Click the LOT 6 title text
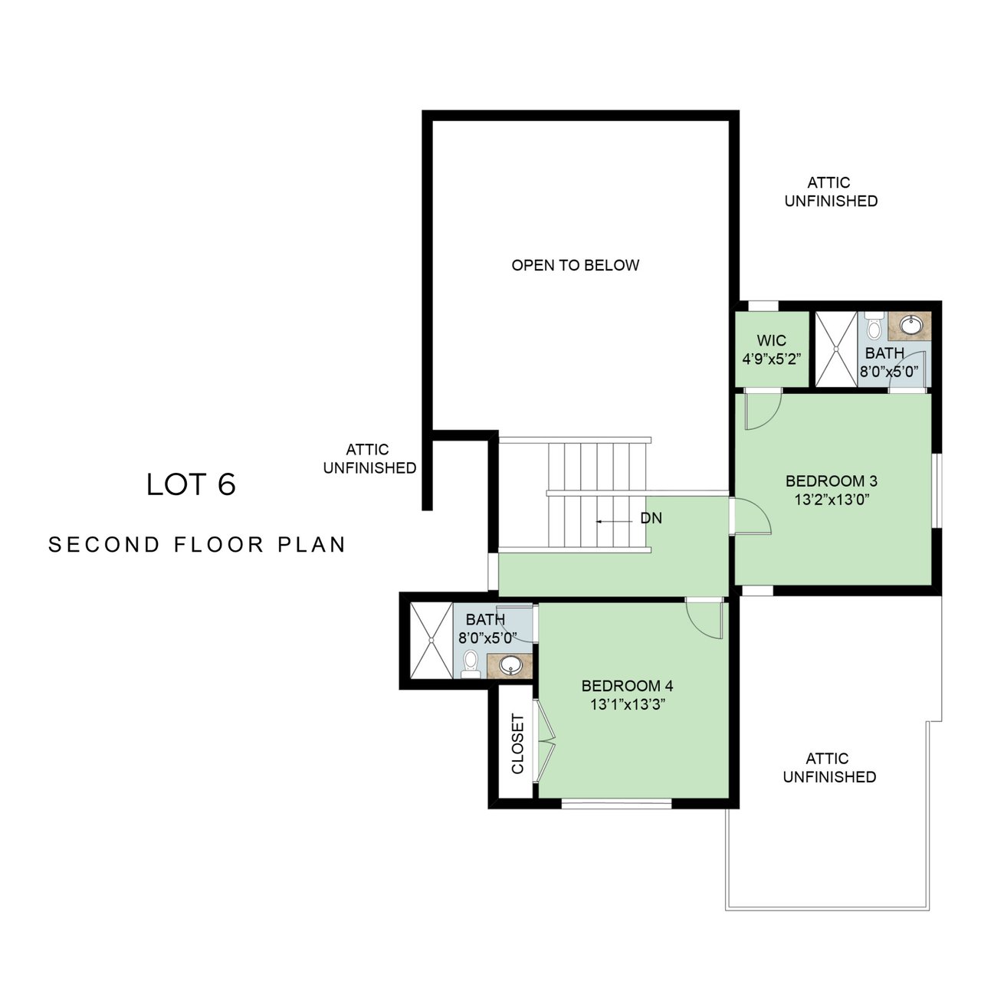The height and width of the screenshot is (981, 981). tap(191, 484)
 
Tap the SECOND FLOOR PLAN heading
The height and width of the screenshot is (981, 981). tap(197, 545)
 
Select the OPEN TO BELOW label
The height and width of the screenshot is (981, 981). tap(576, 265)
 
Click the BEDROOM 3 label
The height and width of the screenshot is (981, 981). tap(832, 481)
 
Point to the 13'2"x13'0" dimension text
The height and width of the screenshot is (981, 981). tap(832, 500)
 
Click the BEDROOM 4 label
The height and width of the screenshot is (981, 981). tap(627, 686)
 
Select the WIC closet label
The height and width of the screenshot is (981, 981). tap(771, 340)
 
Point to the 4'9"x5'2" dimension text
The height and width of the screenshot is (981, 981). tap(772, 359)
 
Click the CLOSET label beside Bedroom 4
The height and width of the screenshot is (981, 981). tap(517, 743)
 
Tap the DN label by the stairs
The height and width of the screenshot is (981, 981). tap(651, 518)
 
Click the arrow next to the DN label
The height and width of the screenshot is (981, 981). tap(615, 522)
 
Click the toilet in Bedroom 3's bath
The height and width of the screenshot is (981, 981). tap(874, 325)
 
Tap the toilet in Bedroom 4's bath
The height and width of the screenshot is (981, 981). tap(471, 664)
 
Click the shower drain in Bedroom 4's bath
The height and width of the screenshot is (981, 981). tap(431, 640)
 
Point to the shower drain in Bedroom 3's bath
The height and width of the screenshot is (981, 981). tap(836, 349)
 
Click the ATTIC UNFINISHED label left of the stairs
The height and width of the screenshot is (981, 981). tap(369, 458)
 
